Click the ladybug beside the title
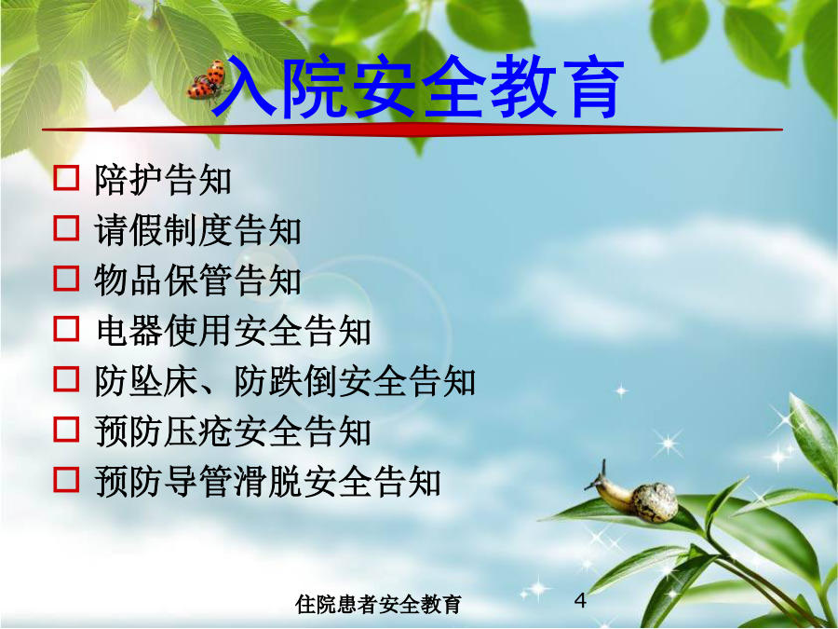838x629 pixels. (x=208, y=80)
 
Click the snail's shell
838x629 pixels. (x=655, y=502)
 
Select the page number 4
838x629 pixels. (x=580, y=600)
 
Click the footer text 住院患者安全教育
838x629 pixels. (x=378, y=605)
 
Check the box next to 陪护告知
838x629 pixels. (x=66, y=178)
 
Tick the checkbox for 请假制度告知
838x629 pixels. (x=66, y=228)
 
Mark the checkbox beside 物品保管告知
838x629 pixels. (x=66, y=278)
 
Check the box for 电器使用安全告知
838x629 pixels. (x=66, y=328)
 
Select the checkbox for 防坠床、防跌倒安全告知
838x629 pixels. (x=66, y=378)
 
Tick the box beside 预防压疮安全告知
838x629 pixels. (x=66, y=429)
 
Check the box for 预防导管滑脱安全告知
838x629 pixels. (x=66, y=479)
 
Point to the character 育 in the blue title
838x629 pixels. (x=591, y=87)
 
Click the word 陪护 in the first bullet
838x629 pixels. (x=128, y=179)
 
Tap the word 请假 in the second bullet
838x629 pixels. (x=128, y=230)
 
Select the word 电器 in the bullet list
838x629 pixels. (x=128, y=331)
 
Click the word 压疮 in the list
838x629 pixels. (x=197, y=431)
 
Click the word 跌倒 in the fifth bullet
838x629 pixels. (x=302, y=381)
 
